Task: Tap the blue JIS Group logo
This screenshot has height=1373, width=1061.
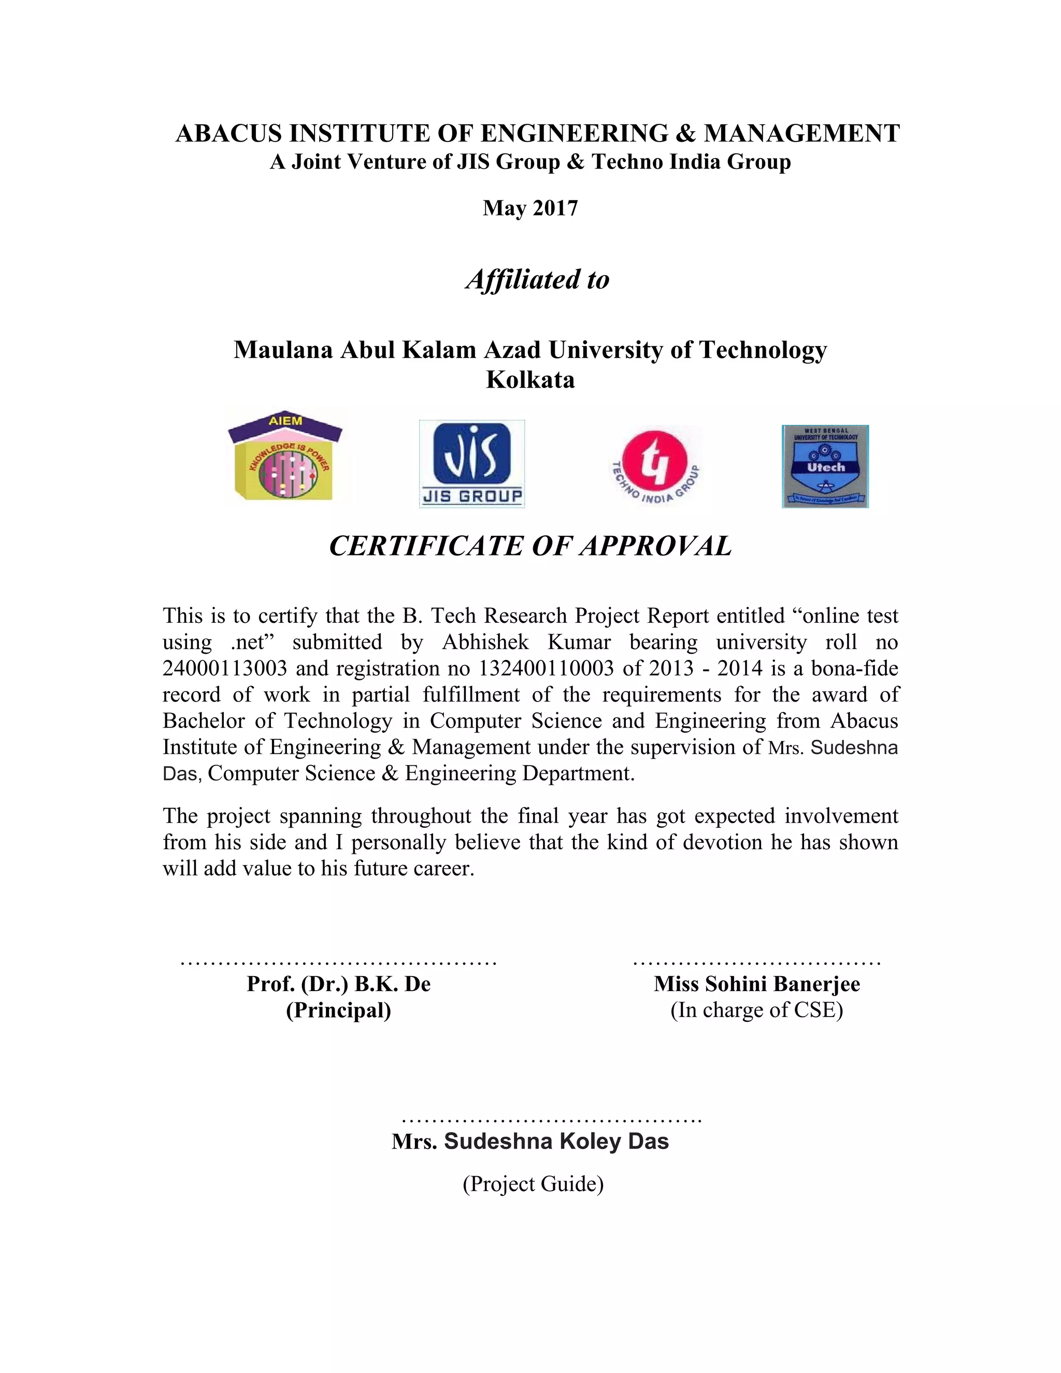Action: coord(471,463)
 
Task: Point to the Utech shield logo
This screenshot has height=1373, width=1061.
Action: coord(825,466)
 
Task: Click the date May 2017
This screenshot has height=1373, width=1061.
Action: coord(530,208)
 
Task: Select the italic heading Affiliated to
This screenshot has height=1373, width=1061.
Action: coord(537,280)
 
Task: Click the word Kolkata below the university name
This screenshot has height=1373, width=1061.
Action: coord(530,380)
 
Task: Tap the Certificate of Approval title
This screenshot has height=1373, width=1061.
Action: coord(530,546)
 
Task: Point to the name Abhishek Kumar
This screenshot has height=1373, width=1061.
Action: coord(526,642)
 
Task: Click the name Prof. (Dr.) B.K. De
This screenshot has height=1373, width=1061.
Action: coord(338,984)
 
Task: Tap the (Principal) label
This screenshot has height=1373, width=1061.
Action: coord(338,1010)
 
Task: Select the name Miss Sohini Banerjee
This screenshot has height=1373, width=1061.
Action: coord(757,984)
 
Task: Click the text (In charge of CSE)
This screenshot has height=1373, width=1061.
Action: coord(757,1010)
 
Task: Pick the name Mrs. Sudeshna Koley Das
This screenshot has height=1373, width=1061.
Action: coord(530,1141)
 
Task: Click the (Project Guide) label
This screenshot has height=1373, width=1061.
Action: coord(533,1184)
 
